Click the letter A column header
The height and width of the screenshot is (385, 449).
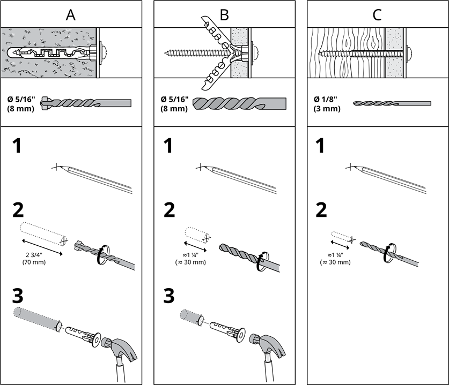[x=70, y=15]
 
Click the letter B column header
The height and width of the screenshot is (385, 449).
[x=224, y=15]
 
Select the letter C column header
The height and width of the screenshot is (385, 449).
[x=377, y=15]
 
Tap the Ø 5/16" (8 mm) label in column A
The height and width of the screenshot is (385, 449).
[x=21, y=104]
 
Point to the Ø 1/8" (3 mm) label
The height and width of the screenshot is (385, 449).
[x=327, y=104]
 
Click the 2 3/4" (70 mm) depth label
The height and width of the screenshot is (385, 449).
[x=34, y=259]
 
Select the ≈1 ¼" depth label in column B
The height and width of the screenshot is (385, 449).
[x=190, y=259]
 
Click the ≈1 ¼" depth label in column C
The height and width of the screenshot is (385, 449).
[x=335, y=259]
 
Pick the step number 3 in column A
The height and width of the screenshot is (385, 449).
[x=18, y=296]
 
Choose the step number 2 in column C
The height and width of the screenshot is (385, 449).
[x=321, y=210]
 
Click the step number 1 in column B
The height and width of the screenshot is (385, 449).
[x=168, y=146]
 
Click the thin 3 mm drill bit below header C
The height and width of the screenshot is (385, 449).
[x=392, y=103]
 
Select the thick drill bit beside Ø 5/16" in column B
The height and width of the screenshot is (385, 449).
[x=239, y=103]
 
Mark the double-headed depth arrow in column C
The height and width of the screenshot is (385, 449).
[x=340, y=245]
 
